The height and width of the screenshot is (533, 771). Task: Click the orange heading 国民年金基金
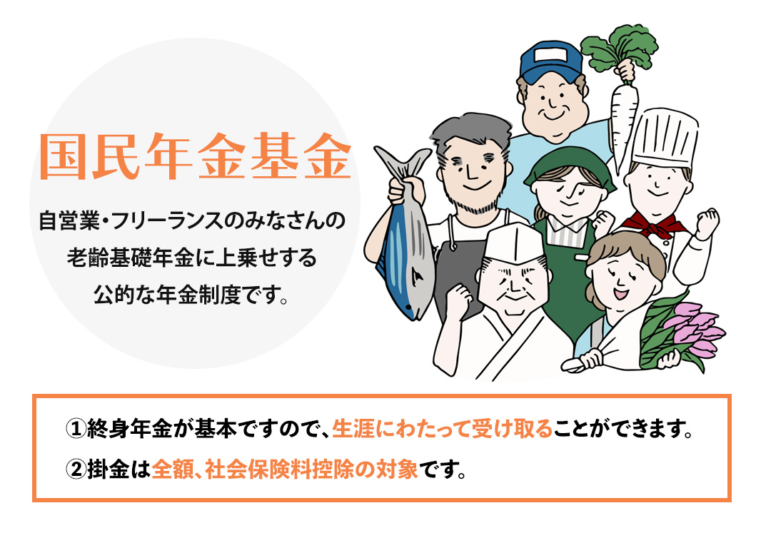(x=195, y=156)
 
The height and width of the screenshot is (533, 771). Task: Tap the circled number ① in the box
(x=76, y=429)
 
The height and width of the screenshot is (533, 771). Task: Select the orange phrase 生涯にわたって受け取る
(x=443, y=429)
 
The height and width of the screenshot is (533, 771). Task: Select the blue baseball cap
(x=550, y=61)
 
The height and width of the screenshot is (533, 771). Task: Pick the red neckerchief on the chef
(x=654, y=225)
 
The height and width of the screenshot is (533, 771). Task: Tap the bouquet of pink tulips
(x=683, y=334)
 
